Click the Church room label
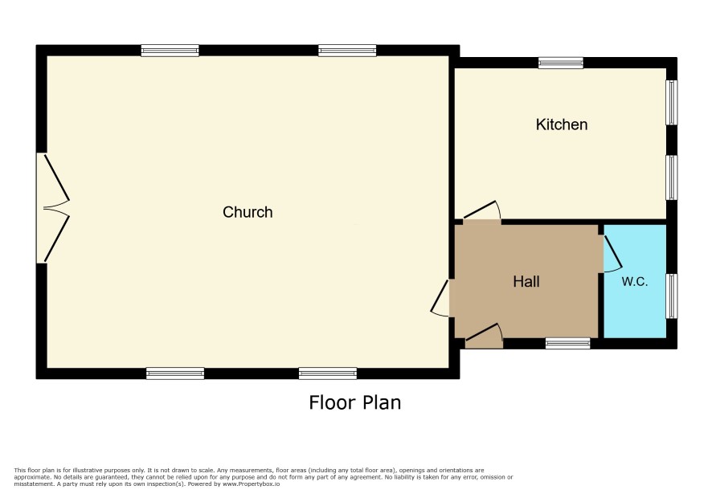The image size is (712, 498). click(248, 212)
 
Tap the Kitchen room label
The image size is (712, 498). click(562, 124)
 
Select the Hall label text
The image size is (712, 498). click(526, 281)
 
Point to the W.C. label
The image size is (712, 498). click(634, 281)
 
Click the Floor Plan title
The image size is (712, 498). click(355, 402)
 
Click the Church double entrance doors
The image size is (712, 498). click(56, 208)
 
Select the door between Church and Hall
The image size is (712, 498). click(440, 298)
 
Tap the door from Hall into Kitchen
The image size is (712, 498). click(482, 210)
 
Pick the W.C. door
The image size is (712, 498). click(612, 253)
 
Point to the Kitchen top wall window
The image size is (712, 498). click(561, 63)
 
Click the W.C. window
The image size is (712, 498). click(672, 296)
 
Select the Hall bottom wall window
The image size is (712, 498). click(568, 343)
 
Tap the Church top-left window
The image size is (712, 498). click(170, 51)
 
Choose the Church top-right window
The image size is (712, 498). click(347, 51)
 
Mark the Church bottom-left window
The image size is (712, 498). click(175, 373)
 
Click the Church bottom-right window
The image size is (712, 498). click(328, 373)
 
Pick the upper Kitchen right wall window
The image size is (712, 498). click(672, 103)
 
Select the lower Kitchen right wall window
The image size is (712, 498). click(672, 178)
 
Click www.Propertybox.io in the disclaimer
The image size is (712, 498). click(251, 484)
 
